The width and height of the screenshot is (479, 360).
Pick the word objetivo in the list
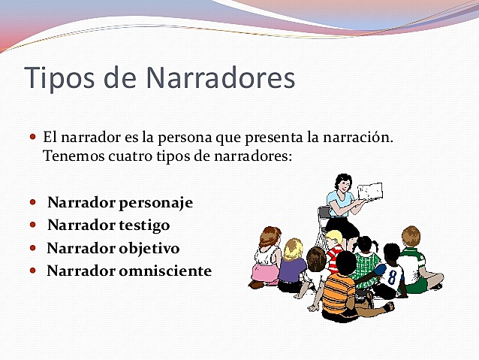coord(146,248)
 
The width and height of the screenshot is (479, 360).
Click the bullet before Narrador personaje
coord(32,203)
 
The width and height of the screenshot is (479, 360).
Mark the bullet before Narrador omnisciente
coord(32,270)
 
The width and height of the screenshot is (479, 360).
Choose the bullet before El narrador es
coord(32,138)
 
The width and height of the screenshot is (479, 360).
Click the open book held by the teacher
coord(369,191)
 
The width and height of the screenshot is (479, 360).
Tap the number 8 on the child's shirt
coord(391,277)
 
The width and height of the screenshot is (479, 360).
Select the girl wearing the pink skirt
coord(267,259)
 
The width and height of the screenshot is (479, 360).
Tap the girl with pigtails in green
coord(366,259)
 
